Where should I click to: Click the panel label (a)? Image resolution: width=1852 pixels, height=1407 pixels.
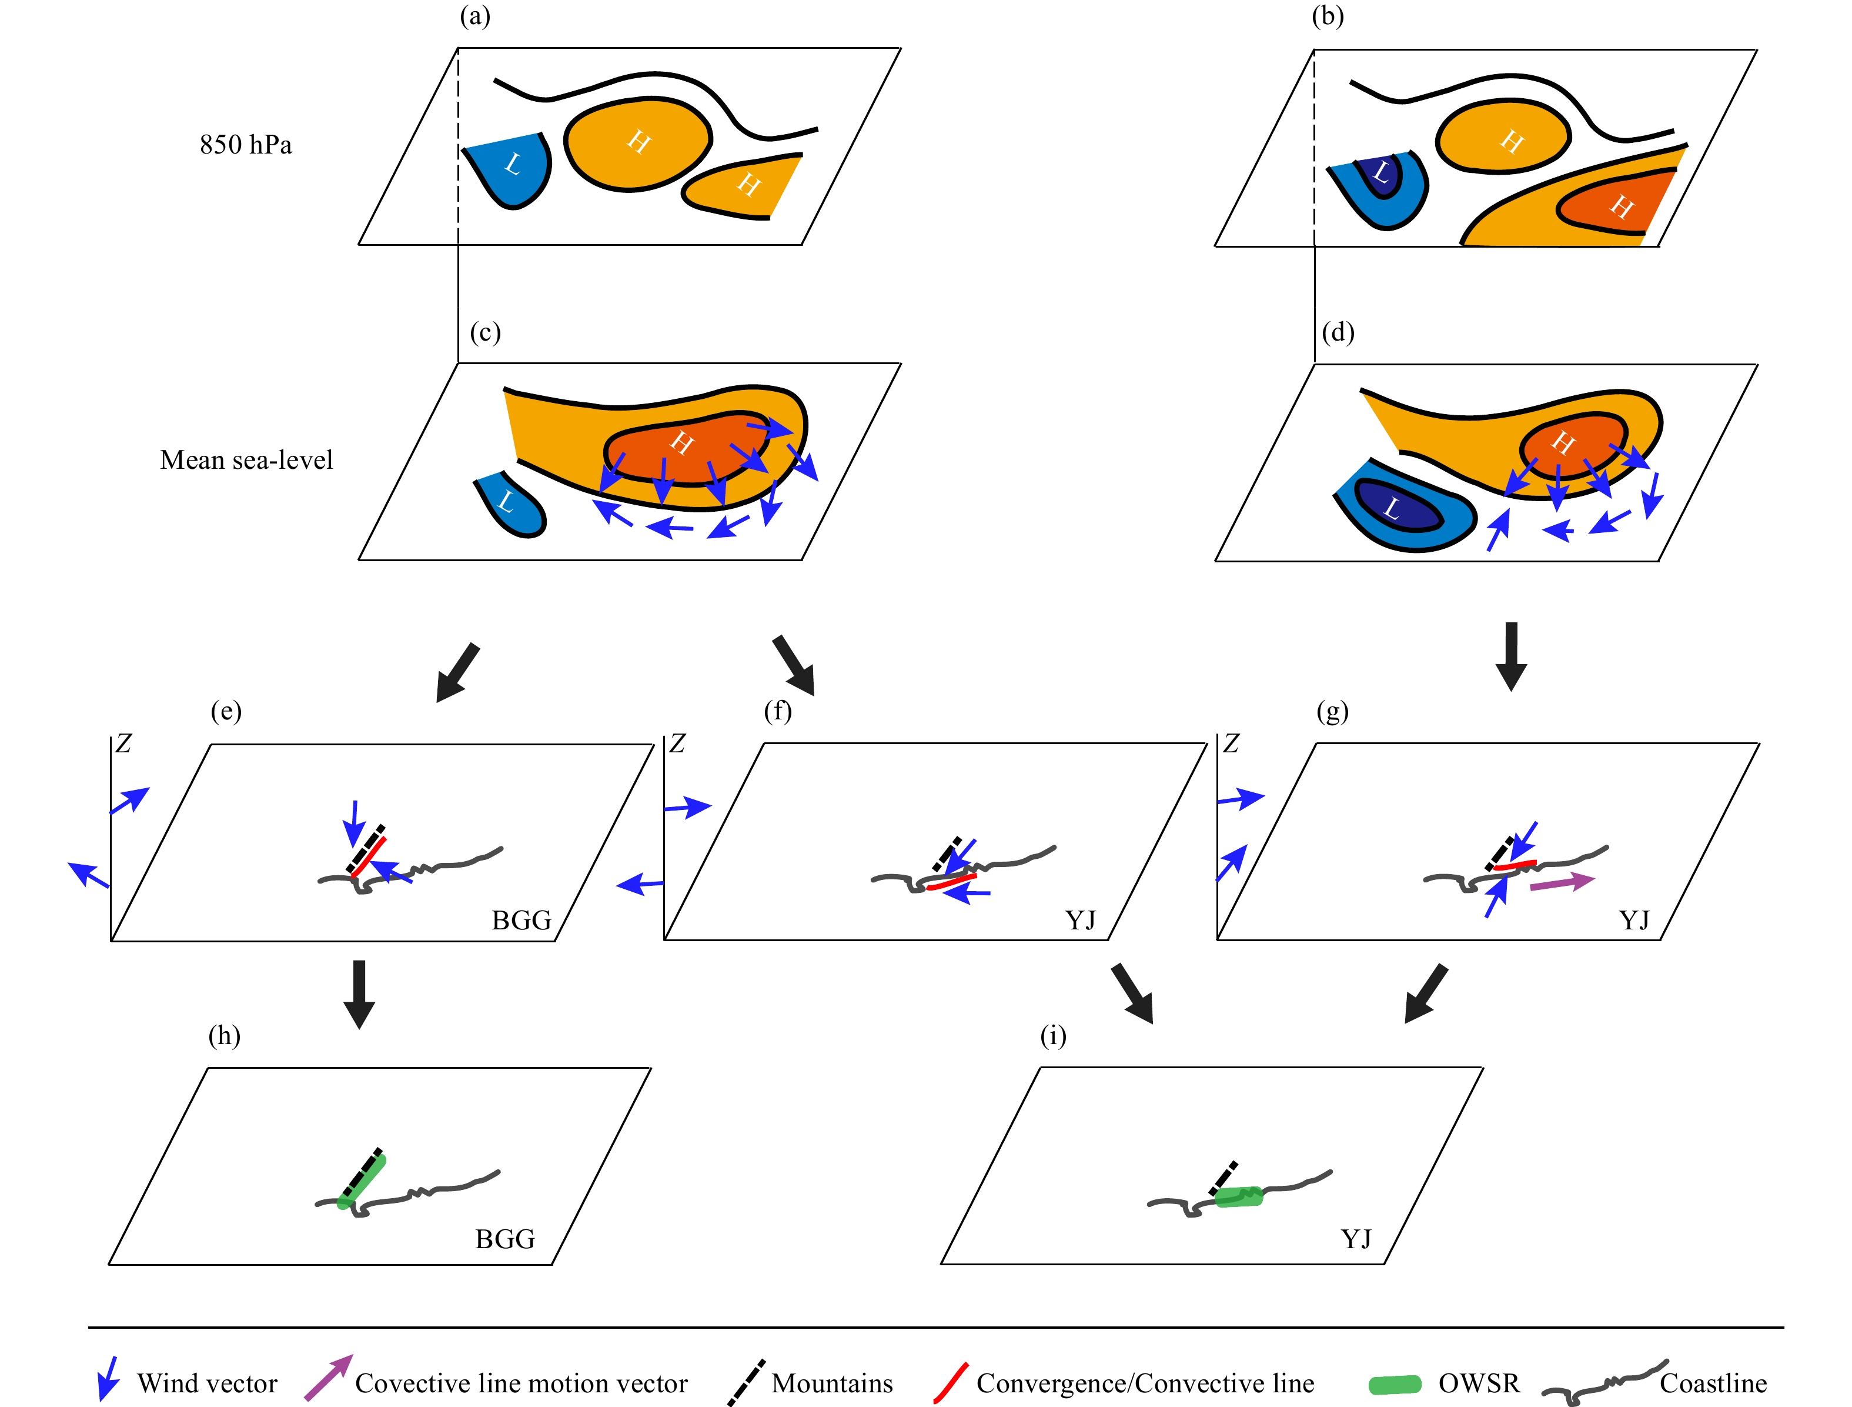474,16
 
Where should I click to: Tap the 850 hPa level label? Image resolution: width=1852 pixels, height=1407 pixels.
245,145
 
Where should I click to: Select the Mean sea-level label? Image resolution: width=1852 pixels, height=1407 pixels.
246,460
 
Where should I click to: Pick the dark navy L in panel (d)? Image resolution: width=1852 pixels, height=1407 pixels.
1396,505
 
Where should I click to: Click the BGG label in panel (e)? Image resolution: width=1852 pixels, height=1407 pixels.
521,921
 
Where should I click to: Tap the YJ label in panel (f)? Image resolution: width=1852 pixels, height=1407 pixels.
1080,921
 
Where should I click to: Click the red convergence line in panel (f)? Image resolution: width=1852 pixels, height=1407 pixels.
952,882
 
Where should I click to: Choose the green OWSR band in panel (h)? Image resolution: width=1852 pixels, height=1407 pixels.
362,1181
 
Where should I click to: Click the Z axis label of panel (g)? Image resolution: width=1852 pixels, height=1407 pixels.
1230,743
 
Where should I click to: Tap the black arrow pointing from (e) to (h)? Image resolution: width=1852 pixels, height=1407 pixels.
359,994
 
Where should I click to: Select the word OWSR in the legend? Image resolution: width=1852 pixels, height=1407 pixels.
1479,1383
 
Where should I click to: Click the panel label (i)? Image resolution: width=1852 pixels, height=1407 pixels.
1052,1036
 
